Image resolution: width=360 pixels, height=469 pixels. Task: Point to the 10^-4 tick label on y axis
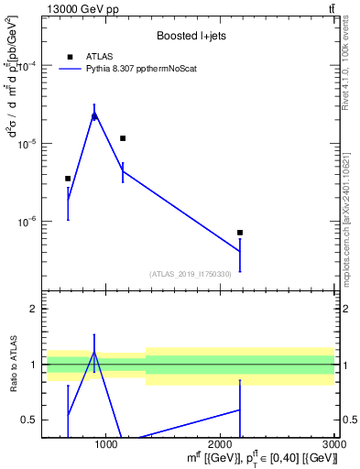tap(27, 67)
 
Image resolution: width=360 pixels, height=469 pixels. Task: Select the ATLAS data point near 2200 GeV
tap(240, 233)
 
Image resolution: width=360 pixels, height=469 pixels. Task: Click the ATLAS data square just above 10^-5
tap(123, 138)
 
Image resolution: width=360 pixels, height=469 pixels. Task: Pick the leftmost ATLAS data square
tap(68, 179)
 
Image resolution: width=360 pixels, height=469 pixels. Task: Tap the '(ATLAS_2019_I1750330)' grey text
tap(191, 274)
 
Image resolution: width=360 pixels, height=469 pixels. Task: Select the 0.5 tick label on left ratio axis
tap(29, 420)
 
